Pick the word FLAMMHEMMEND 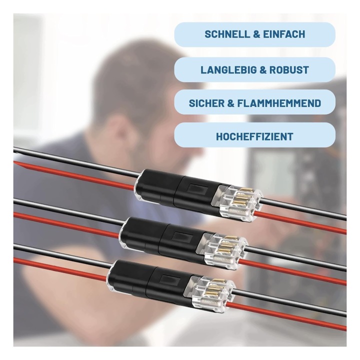point(278,103)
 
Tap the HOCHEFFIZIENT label point(254,136)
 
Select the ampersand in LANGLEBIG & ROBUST point(262,70)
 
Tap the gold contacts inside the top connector point(239,197)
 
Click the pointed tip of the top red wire point(15,162)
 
